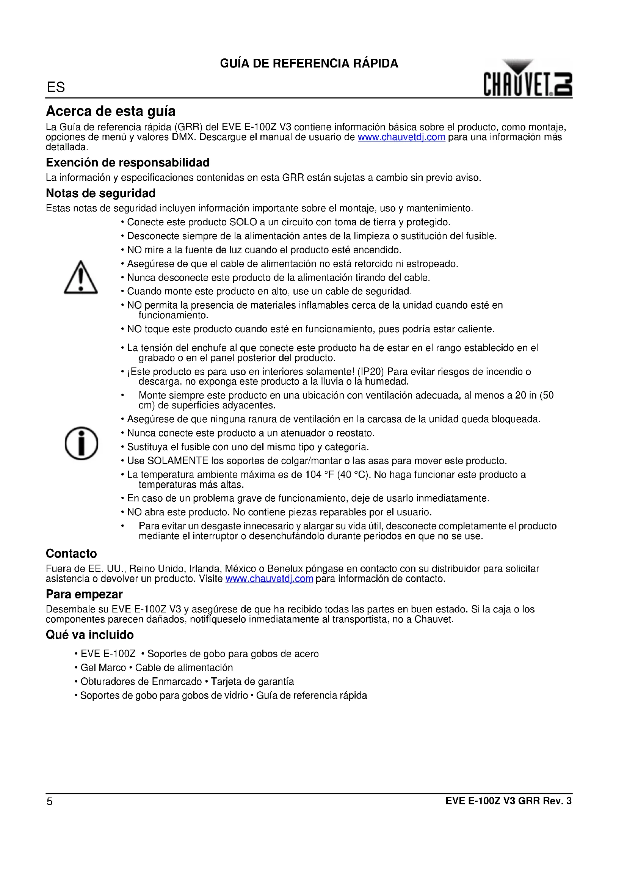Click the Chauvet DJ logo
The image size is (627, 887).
click(x=527, y=79)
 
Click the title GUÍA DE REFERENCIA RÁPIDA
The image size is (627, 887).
click(x=309, y=63)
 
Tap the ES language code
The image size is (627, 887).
click(x=56, y=87)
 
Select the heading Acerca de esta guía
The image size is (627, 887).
click(x=110, y=111)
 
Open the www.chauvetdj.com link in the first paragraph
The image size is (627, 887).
click(x=401, y=137)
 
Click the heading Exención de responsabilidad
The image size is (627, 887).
click(x=127, y=163)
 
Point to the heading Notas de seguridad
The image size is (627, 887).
click(x=100, y=193)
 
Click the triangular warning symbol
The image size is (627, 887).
click(x=81, y=278)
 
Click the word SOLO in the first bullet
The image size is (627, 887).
click(x=243, y=222)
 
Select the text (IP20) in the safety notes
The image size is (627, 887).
click(x=371, y=372)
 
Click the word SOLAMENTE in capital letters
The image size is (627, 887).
click(x=177, y=461)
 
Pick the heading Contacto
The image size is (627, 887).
click(x=71, y=554)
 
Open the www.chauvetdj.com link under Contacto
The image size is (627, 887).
click(x=269, y=579)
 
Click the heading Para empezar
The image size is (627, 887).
click(x=84, y=594)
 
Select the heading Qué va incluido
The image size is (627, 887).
click(x=89, y=635)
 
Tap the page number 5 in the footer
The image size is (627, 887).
click(x=49, y=802)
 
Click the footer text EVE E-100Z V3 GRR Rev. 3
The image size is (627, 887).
click(x=508, y=801)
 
